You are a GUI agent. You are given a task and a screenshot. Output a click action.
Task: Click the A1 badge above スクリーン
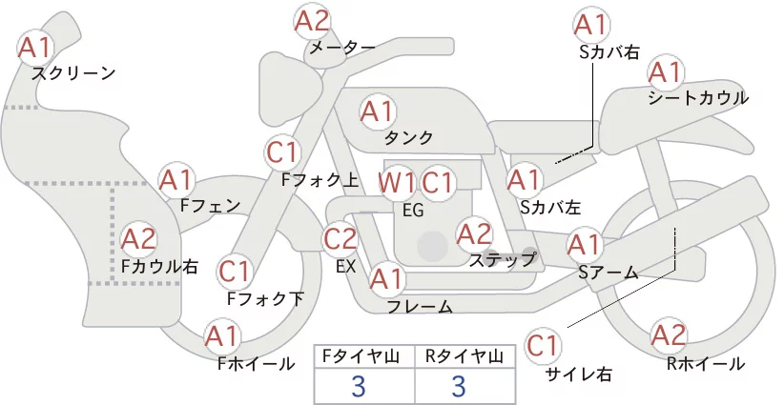(x=35, y=48)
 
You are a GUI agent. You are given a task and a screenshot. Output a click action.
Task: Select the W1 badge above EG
(x=396, y=183)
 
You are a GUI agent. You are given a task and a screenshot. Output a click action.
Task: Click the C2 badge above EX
(x=340, y=238)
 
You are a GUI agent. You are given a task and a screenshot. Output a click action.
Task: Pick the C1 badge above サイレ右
(x=543, y=345)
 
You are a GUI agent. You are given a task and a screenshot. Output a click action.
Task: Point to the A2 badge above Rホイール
(x=668, y=335)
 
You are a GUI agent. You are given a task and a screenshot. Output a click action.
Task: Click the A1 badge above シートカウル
(x=666, y=73)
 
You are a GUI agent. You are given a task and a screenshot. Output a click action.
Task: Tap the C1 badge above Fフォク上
(x=283, y=152)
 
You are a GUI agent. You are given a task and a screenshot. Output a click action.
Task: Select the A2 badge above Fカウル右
(x=139, y=239)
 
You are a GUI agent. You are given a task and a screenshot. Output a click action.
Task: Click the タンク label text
(x=408, y=137)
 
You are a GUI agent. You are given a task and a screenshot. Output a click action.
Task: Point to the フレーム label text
(x=420, y=306)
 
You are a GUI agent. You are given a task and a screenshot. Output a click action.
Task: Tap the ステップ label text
(x=502, y=260)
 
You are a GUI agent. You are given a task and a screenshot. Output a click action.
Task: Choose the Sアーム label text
(x=609, y=273)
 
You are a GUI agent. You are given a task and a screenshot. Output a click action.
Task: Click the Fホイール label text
(x=256, y=364)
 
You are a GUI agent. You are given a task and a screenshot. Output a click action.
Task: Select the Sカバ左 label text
(x=550, y=207)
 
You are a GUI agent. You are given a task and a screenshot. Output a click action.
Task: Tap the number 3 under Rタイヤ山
(x=459, y=386)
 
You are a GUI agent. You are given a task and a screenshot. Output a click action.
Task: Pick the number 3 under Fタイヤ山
(x=359, y=386)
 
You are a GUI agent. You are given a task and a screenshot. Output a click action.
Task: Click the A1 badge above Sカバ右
(x=591, y=25)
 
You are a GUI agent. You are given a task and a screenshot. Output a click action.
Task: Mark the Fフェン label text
(x=210, y=205)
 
